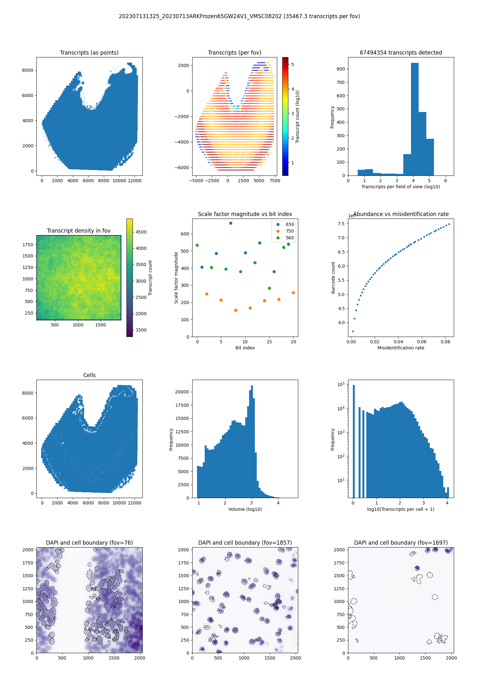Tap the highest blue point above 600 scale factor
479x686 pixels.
click(x=231, y=223)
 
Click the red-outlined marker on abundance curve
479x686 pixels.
click(x=410, y=245)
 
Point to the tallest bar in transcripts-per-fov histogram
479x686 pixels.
click(x=414, y=118)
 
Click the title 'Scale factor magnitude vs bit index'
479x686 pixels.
click(x=245, y=214)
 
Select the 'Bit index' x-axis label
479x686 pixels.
click(x=245, y=348)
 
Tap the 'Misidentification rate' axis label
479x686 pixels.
click(x=401, y=348)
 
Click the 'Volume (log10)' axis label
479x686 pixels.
click(x=245, y=509)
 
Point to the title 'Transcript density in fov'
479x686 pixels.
click(x=79, y=231)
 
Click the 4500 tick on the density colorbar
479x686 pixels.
click(x=141, y=232)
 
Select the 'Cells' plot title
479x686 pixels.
click(x=89, y=375)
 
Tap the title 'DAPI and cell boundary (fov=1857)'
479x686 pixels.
click(x=245, y=543)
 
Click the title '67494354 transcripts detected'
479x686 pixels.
click(x=401, y=53)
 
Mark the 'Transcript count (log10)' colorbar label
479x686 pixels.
click(x=298, y=116)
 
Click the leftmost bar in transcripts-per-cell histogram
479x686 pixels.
click(x=354, y=440)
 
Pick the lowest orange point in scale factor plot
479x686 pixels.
click(x=236, y=310)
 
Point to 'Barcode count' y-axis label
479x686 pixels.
click(x=333, y=278)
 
